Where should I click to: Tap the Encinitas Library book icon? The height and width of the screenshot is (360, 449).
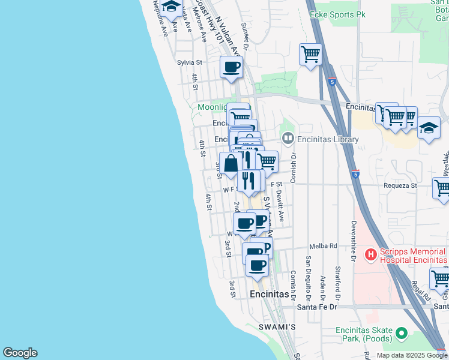[x=288, y=139]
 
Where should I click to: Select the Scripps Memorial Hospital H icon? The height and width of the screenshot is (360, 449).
[x=371, y=255]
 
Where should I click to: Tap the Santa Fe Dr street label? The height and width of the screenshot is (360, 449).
[x=318, y=307]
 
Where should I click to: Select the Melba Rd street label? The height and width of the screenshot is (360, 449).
[x=324, y=246]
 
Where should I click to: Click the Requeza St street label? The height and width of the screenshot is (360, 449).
[x=401, y=186]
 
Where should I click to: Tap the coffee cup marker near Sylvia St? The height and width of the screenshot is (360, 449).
[x=231, y=67]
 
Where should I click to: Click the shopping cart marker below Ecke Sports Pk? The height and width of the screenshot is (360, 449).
[x=310, y=55]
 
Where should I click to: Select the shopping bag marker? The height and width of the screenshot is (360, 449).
[x=231, y=163]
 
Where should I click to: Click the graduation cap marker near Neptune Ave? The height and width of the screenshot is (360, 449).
[x=172, y=8]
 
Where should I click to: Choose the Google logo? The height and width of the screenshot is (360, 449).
[x=20, y=353]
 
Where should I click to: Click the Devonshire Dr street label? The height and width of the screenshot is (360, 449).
[x=354, y=244]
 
